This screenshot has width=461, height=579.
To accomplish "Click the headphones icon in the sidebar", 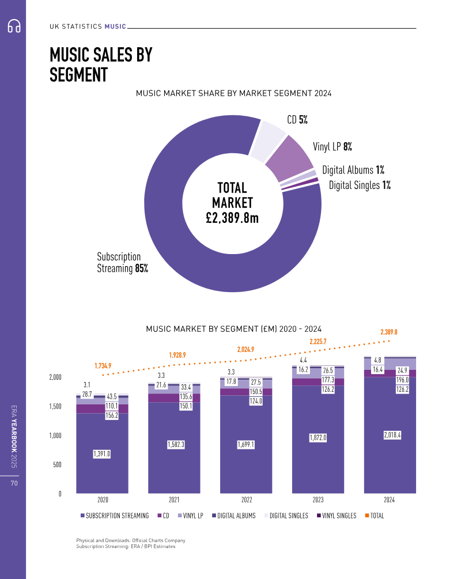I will click(13, 27).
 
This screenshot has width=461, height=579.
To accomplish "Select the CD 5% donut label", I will click(297, 120).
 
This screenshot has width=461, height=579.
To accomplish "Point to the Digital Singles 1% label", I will click(360, 185).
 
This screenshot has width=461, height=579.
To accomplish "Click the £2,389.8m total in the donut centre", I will click(232, 217).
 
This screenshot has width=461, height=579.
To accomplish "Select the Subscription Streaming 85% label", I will click(122, 263).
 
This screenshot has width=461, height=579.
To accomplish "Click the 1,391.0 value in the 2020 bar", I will click(101, 454).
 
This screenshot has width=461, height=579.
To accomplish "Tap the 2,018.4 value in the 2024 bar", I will click(391, 435).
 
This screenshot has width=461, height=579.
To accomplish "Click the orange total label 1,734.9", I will click(103, 366).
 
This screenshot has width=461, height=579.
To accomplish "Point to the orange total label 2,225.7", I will click(318, 342).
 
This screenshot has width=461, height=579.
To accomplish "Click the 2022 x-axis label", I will click(247, 500).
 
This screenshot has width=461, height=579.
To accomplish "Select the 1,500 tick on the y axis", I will click(55, 406).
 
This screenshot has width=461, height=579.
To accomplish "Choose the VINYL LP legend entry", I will click(192, 516).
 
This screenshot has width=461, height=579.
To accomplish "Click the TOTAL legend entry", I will click(375, 516).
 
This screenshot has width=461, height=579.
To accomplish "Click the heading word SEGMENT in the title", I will click(79, 75).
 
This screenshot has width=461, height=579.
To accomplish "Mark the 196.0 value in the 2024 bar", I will click(403, 380).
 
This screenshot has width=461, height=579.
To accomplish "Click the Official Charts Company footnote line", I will click(130, 540).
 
